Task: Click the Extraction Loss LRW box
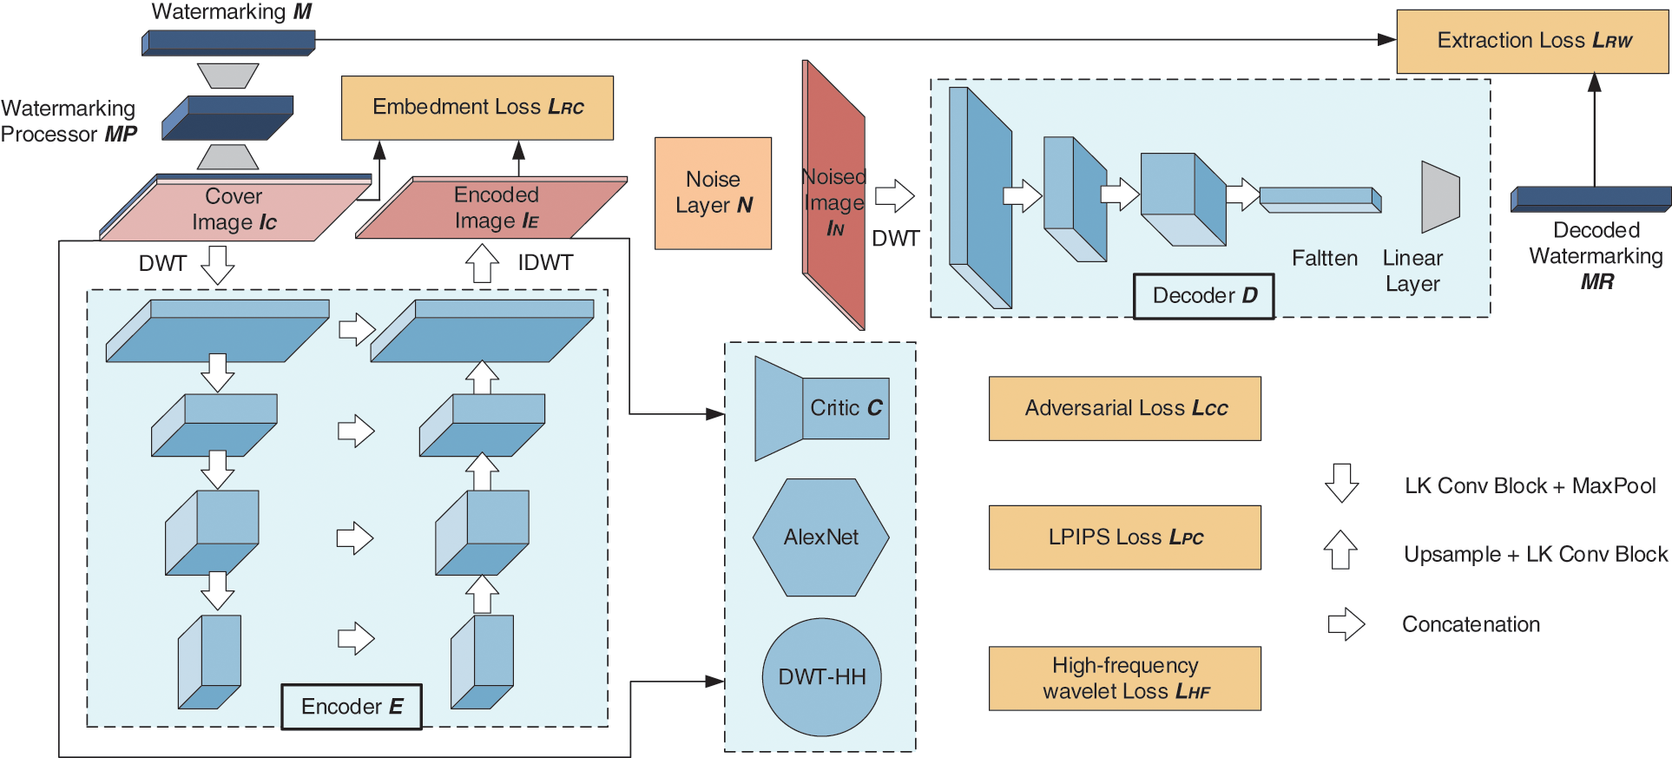(1532, 41)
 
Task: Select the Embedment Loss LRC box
(477, 108)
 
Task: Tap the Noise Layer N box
(713, 193)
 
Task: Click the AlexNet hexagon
(820, 537)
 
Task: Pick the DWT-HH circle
(821, 676)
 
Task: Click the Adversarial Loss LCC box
(1124, 408)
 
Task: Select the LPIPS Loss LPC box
(1124, 537)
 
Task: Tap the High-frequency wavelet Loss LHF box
(1124, 678)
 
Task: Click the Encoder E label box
(352, 707)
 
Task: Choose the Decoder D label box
(1203, 296)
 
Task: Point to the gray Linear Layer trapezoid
(1439, 197)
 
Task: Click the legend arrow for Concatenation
(1346, 623)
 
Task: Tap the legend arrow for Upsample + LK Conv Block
(1340, 550)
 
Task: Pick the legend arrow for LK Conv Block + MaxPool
(1341, 483)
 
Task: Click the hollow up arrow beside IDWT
(482, 262)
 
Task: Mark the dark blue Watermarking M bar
(228, 43)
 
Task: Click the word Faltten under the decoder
(1324, 259)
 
